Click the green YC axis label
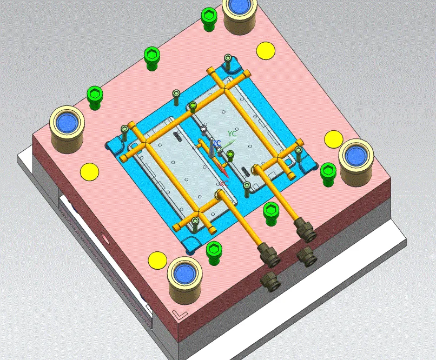(232, 133)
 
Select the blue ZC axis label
(216, 143)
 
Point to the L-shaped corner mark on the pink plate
(178, 314)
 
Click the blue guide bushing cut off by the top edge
(238, 6)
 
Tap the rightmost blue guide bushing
(355, 155)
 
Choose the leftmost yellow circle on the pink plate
(90, 172)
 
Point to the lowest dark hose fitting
(269, 281)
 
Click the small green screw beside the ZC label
(230, 156)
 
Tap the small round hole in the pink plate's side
(105, 237)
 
